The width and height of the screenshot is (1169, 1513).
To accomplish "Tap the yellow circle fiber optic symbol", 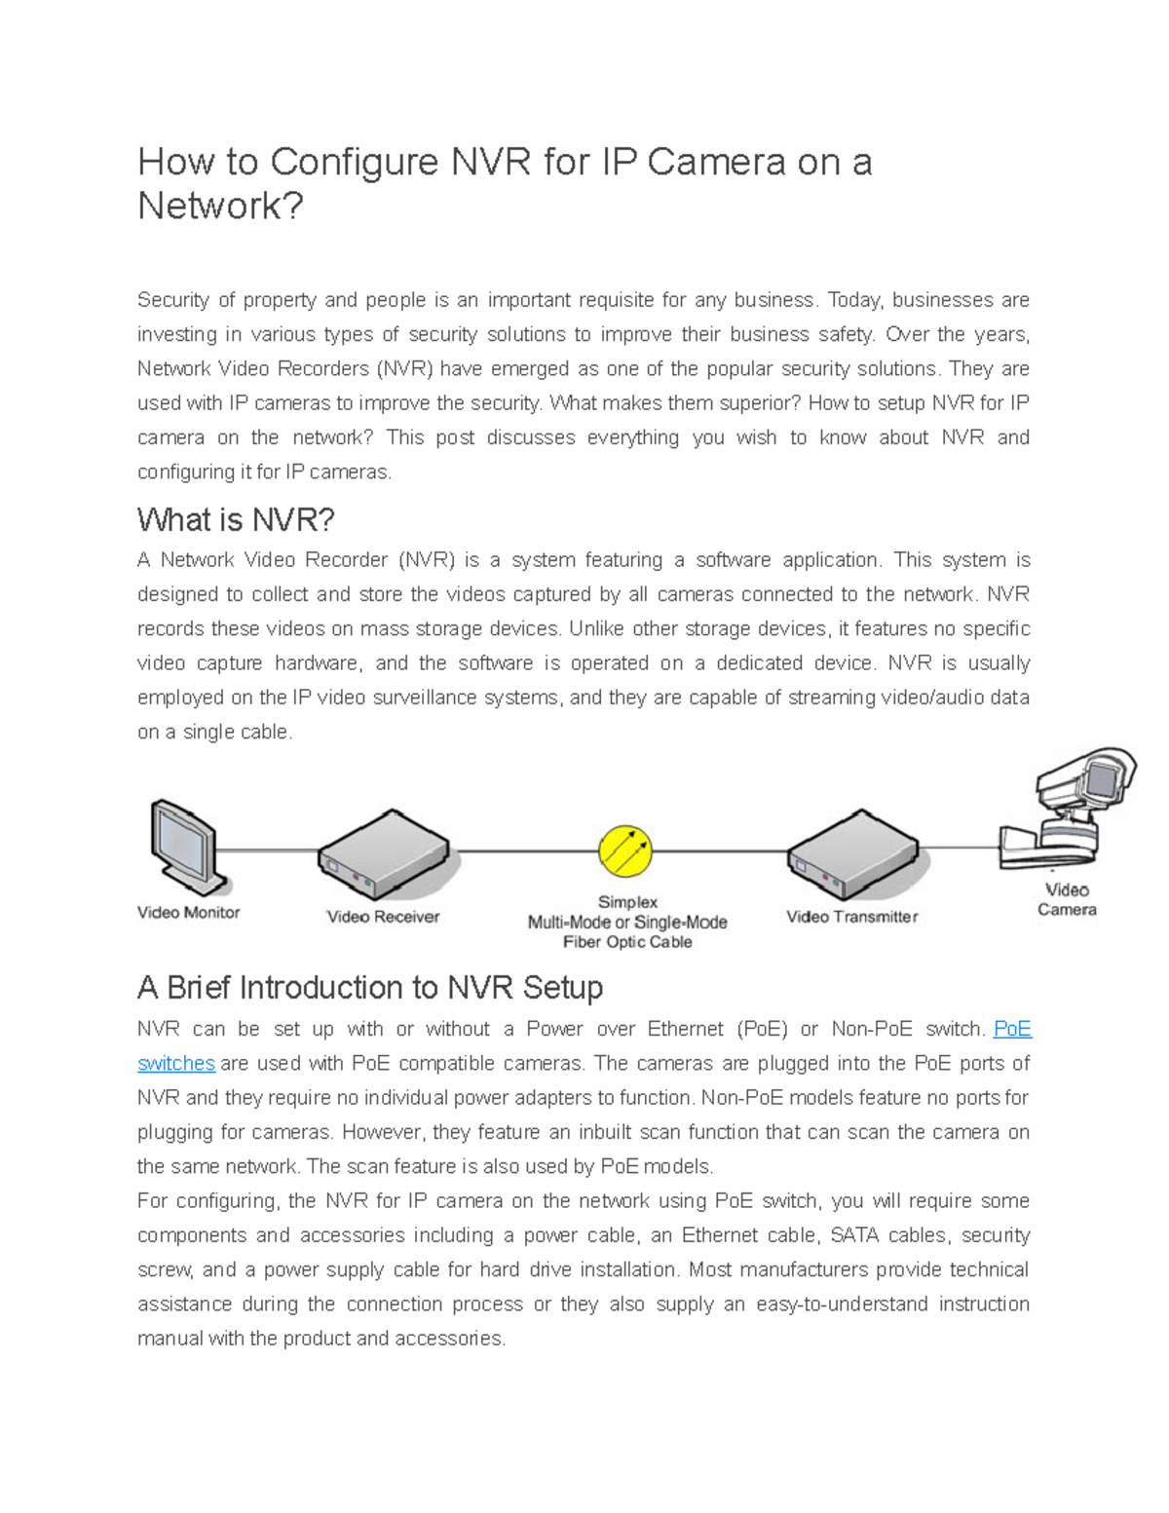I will click(x=625, y=851).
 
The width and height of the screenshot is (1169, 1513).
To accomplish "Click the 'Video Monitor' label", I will click(x=188, y=913).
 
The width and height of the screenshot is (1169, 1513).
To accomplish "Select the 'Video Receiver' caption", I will click(x=383, y=917).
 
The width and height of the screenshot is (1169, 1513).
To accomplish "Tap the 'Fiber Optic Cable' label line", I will click(x=627, y=942).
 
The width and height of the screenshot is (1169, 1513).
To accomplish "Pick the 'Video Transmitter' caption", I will click(x=852, y=917).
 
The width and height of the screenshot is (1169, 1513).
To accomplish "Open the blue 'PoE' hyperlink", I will click(x=1012, y=1029).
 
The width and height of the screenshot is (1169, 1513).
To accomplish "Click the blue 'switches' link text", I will click(x=176, y=1063).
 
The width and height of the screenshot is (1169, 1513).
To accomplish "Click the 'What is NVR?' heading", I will click(x=236, y=520).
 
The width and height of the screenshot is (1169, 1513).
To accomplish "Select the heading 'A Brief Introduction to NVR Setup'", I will click(x=370, y=988).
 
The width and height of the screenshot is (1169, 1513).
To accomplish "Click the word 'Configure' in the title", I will click(x=355, y=162).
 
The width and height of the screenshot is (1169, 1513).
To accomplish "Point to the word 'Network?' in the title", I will click(x=221, y=206).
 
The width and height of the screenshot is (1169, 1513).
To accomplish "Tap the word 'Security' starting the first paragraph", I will click(x=172, y=300).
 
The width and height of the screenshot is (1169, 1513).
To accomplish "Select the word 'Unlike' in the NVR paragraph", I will click(x=596, y=628).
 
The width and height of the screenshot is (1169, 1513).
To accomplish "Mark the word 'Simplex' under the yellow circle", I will click(x=627, y=902).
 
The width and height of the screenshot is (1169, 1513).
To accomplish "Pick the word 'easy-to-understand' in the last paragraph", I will click(x=842, y=1304).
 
